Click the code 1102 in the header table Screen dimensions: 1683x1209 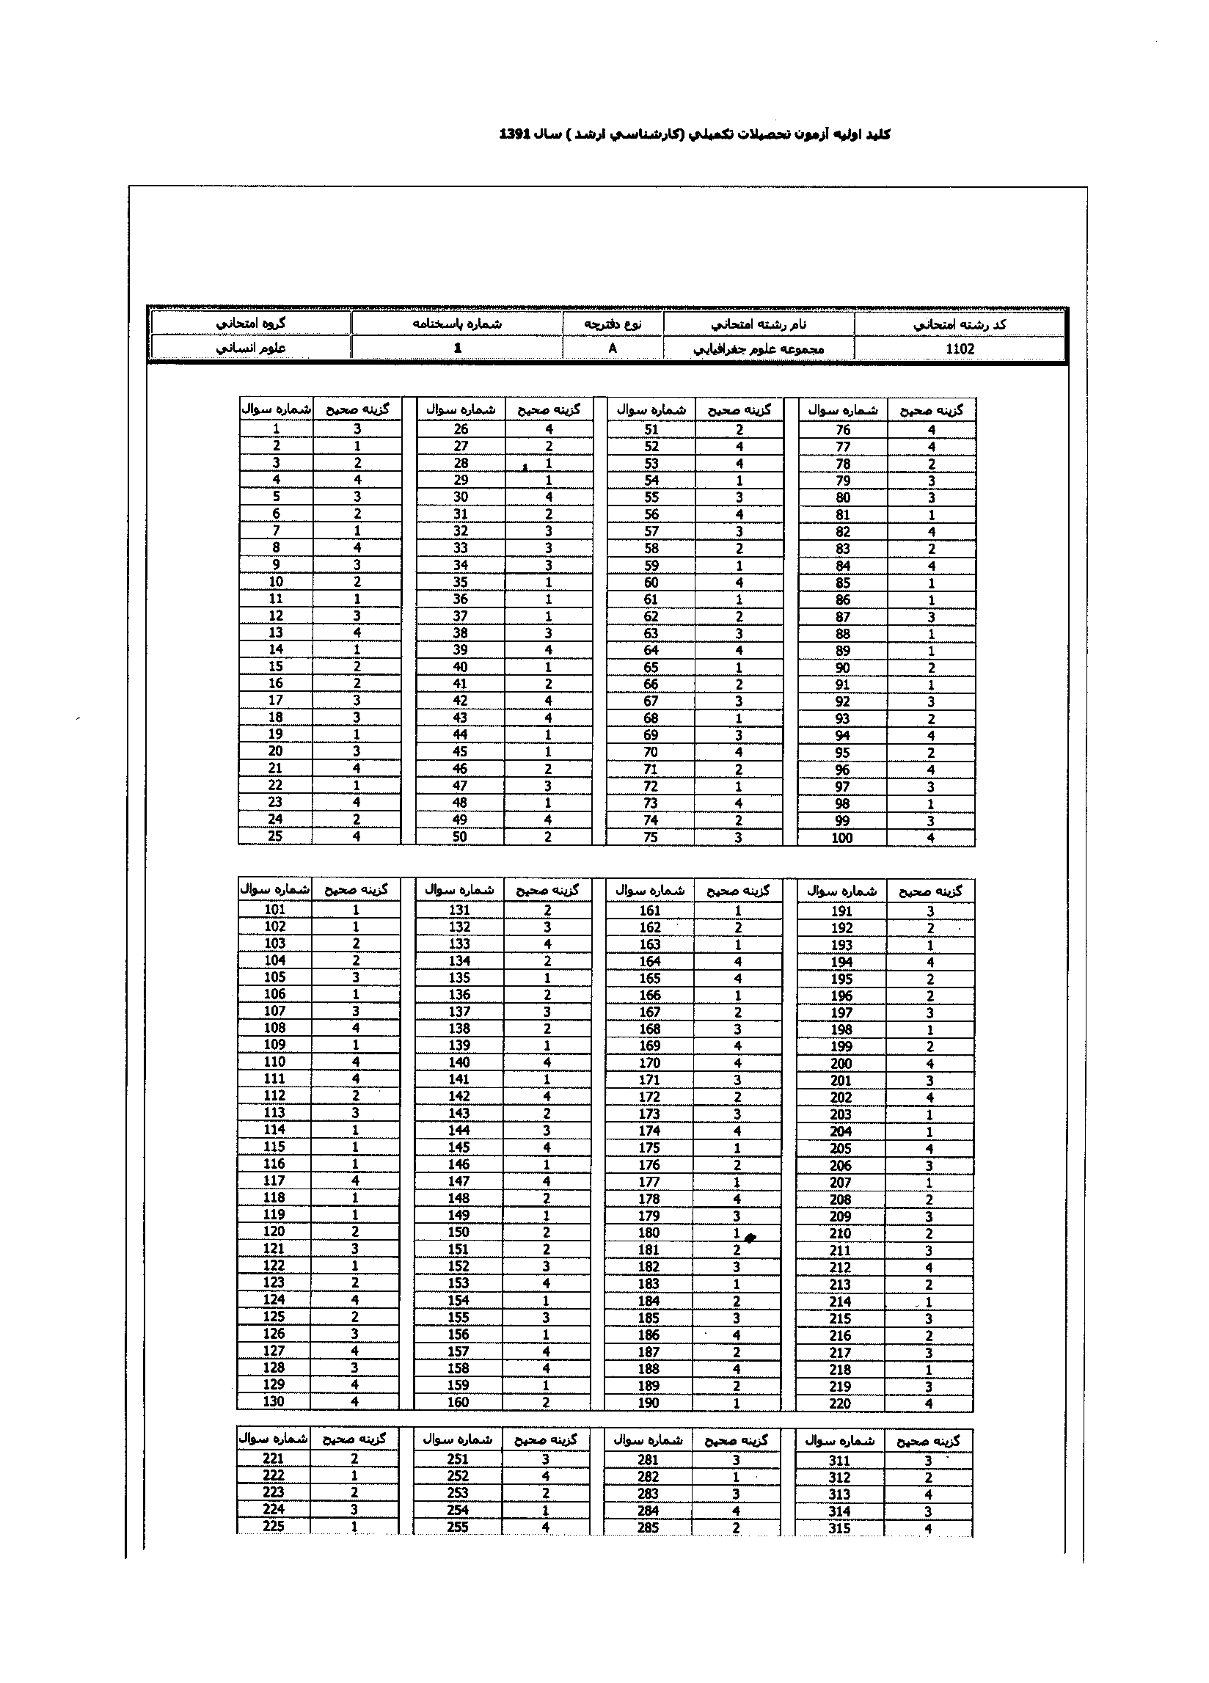point(960,348)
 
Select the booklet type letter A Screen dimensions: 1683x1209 point(613,348)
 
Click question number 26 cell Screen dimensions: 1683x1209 point(461,430)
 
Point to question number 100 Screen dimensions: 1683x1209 point(842,838)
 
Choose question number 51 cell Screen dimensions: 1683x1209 point(651,430)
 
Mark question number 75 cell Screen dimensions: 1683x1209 point(651,837)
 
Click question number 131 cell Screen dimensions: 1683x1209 point(459,910)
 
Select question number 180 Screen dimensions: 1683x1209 point(649,1233)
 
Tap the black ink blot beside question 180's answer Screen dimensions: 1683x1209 point(750,1237)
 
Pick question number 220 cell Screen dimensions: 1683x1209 point(840,1403)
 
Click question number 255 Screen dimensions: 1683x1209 point(458,1527)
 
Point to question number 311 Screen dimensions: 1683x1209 point(839,1461)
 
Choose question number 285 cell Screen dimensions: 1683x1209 point(649,1527)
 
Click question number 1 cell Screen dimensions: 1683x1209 point(276,429)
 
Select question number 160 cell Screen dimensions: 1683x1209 point(458,1402)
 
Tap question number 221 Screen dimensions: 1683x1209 point(273,1459)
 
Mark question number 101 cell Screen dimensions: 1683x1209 point(274,910)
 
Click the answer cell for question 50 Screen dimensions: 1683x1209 point(549,837)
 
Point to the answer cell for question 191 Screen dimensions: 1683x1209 point(930,911)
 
